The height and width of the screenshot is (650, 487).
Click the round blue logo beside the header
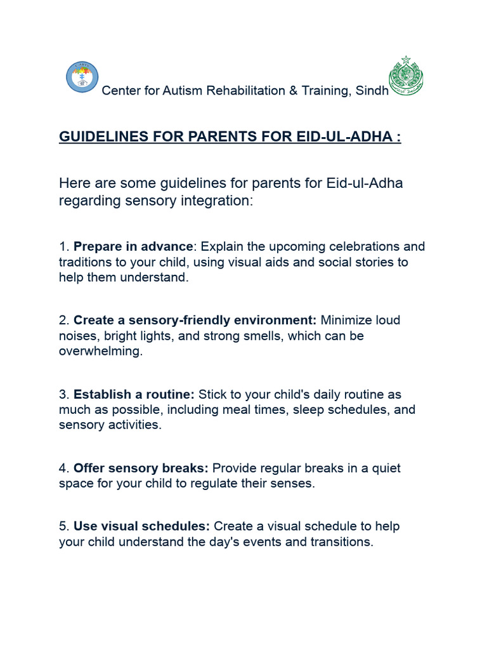(x=82, y=77)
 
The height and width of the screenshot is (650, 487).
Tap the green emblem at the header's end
(x=406, y=76)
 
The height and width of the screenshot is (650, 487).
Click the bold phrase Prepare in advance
(x=133, y=246)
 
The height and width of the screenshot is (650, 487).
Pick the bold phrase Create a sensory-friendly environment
(x=195, y=321)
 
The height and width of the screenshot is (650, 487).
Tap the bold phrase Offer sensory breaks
(x=141, y=468)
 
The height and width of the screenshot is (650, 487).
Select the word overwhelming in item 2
(x=100, y=351)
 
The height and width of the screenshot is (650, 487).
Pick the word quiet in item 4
(x=384, y=468)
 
